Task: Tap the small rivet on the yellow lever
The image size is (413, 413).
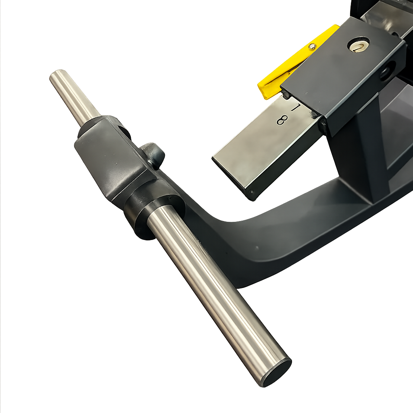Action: tap(313, 46)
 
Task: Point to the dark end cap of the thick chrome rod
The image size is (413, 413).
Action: tap(277, 374)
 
